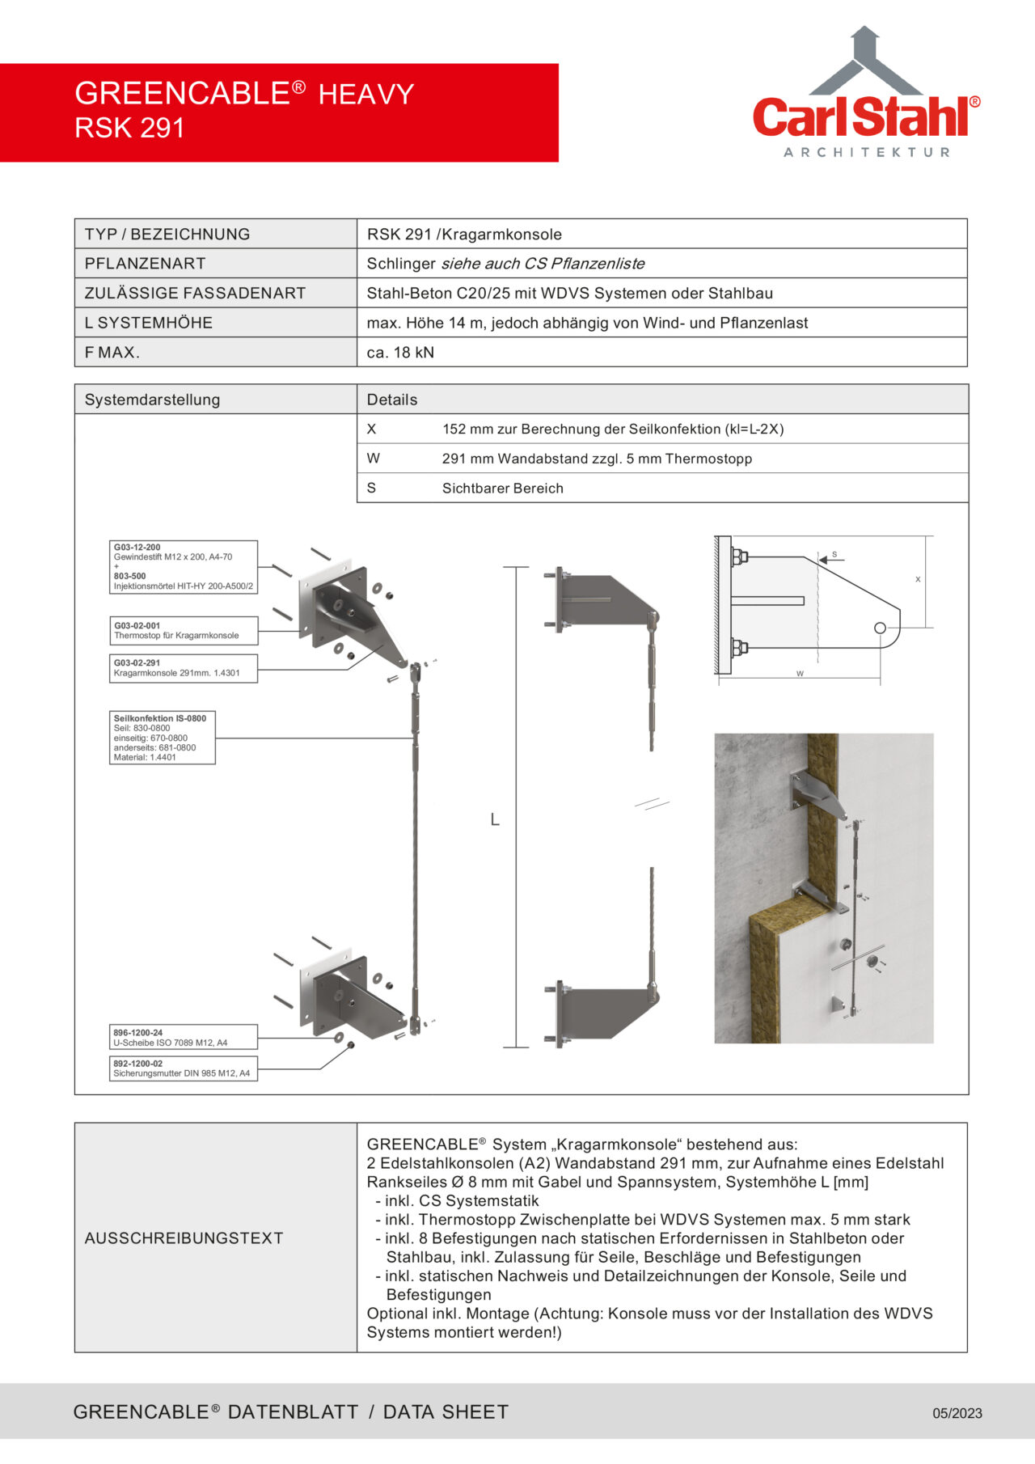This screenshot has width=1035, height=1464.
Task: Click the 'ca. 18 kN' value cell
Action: (400, 353)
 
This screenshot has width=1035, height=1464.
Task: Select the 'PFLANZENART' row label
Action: (145, 264)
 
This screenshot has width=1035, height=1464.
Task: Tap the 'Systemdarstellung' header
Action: (152, 400)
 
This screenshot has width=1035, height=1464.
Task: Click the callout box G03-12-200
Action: (183, 567)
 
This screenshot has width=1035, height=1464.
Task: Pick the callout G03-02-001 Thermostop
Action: (183, 631)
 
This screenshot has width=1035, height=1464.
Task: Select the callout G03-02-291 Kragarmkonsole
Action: (183, 668)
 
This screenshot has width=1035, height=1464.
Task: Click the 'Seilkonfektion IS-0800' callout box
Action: (162, 737)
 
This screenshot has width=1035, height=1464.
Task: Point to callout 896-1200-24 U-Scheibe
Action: (183, 1038)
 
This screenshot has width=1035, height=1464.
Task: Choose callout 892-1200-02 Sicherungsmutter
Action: (183, 1068)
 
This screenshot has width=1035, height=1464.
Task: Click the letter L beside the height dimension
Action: (495, 820)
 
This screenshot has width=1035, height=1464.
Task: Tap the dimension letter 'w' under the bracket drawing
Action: (800, 673)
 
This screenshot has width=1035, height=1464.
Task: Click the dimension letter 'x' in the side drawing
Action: (918, 579)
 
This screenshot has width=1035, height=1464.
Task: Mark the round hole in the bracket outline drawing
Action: (881, 628)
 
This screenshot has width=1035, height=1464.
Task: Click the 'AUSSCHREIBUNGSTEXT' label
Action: (184, 1238)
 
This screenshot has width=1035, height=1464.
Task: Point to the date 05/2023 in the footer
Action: (957, 1413)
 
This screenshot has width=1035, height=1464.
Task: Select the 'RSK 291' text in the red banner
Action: (129, 128)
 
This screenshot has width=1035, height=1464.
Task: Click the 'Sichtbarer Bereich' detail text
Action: (502, 489)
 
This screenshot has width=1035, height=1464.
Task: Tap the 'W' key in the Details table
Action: (373, 459)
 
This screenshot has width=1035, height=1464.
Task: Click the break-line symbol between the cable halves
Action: (652, 805)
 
